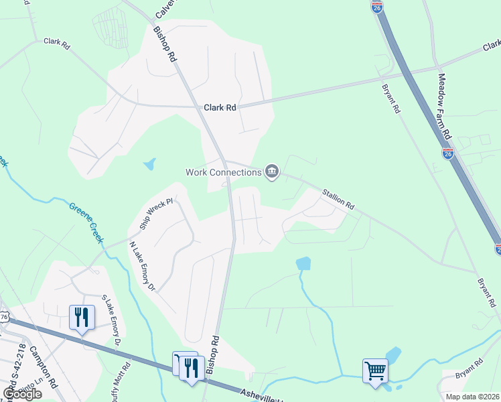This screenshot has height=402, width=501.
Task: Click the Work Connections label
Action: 223,172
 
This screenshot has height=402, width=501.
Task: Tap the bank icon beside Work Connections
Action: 272,172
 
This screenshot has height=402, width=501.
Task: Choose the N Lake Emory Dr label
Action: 142,266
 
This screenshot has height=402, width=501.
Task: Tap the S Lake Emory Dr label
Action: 111,323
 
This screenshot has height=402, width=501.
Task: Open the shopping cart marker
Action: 375,370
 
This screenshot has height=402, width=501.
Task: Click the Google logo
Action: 22,394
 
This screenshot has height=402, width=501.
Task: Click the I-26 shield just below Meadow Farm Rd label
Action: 447,153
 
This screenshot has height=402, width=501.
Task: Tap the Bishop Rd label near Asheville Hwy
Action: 212,354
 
